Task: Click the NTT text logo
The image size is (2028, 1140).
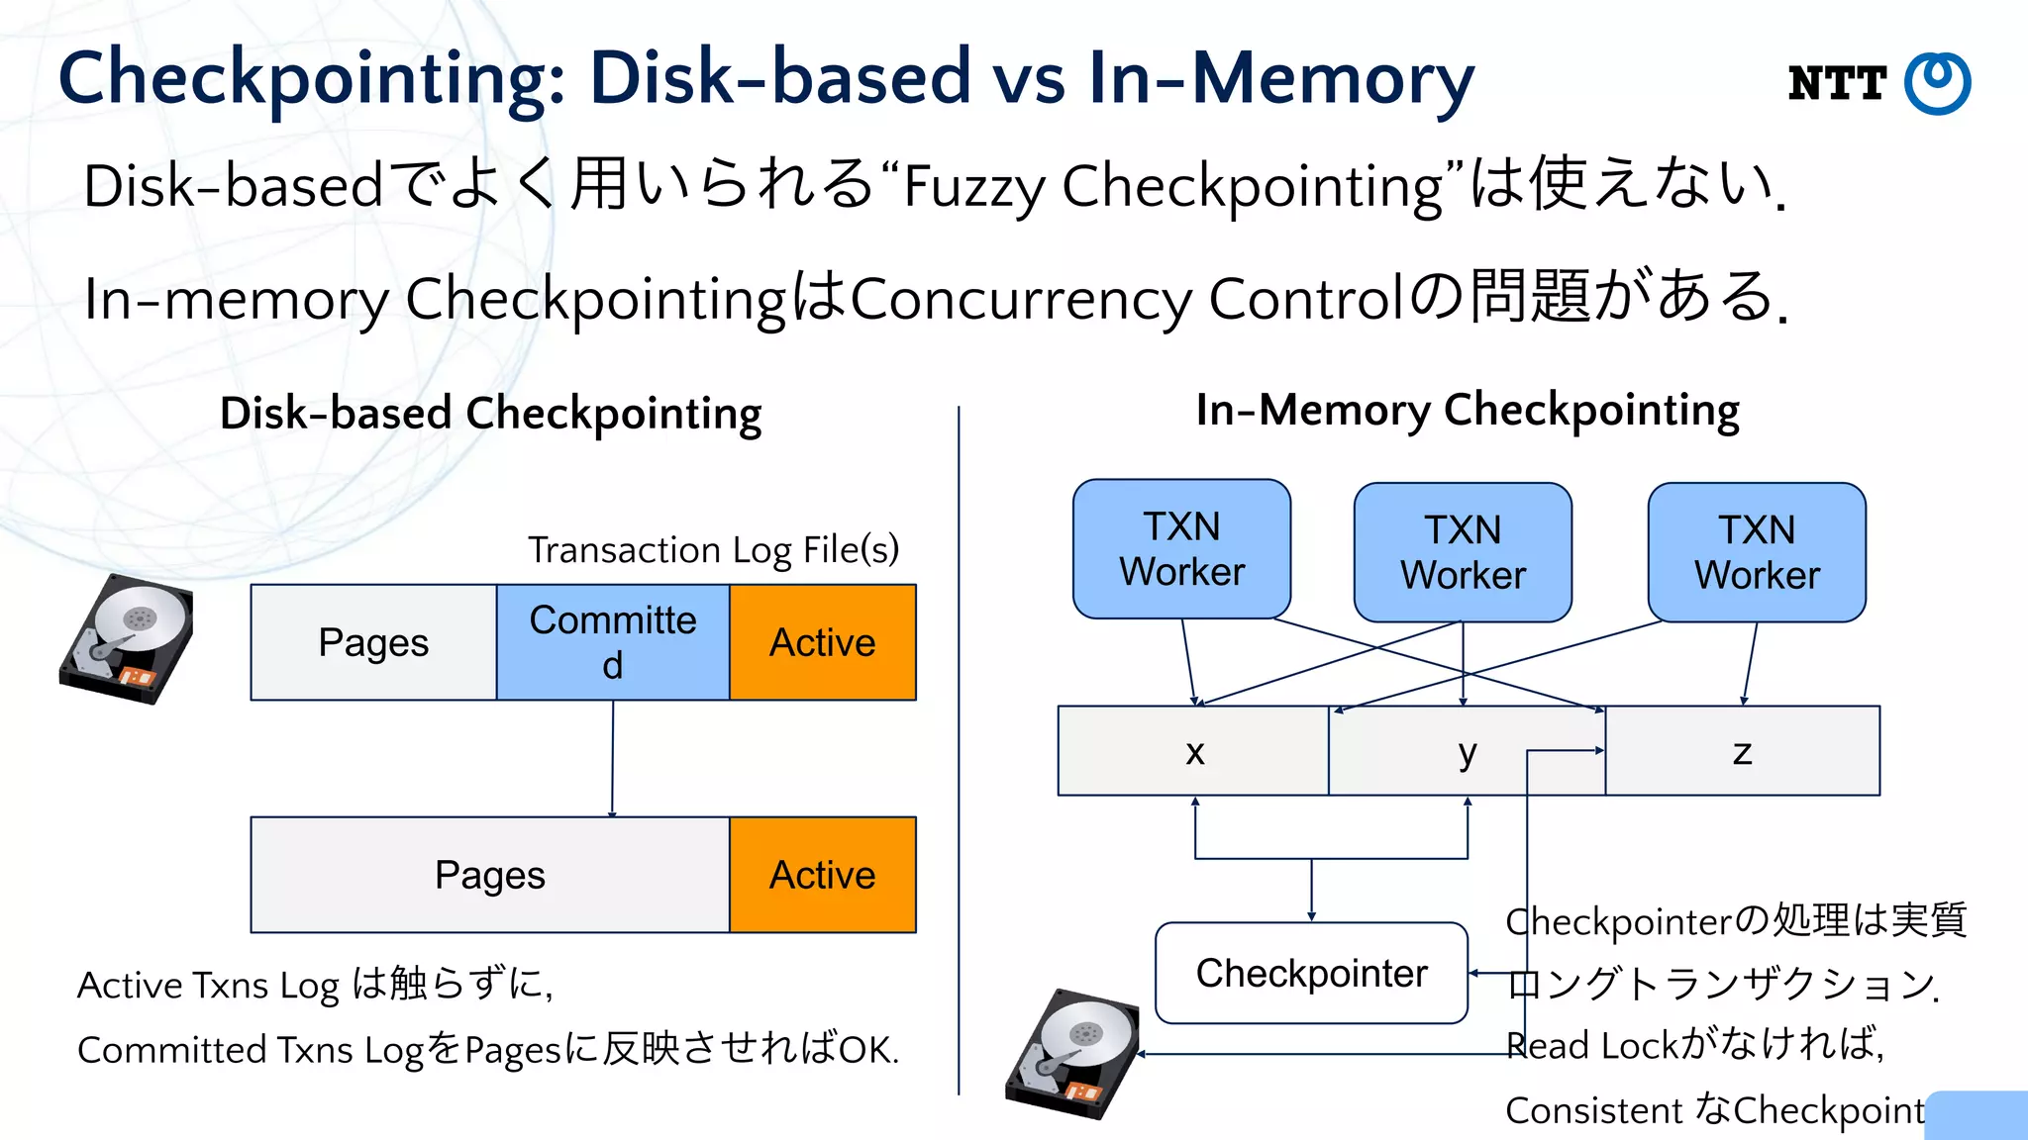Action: click(x=1837, y=83)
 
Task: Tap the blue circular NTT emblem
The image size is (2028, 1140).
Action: click(x=1938, y=83)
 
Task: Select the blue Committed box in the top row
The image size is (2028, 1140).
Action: click(x=613, y=642)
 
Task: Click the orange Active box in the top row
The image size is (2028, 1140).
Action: click(x=823, y=642)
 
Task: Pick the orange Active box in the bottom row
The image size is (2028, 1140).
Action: click(x=823, y=875)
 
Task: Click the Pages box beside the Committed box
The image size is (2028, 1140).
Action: click(x=373, y=642)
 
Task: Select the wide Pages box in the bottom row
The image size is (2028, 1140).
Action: click(x=490, y=875)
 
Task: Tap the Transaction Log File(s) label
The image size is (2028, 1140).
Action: click(x=713, y=549)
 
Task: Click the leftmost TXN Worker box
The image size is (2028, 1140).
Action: click(x=1181, y=549)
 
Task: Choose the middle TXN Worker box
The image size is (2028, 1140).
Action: click(x=1463, y=552)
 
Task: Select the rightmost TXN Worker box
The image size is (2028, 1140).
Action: click(x=1757, y=552)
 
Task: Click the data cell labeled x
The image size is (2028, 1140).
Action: click(x=1194, y=751)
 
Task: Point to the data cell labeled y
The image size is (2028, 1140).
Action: click(x=1467, y=751)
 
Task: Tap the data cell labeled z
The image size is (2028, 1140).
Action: click(x=1743, y=751)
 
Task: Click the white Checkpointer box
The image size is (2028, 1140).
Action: click(x=1311, y=973)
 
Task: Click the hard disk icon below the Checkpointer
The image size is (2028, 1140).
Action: click(x=1072, y=1053)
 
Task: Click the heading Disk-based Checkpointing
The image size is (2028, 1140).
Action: click(x=490, y=414)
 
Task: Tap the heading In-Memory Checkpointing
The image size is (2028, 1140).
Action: click(x=1468, y=410)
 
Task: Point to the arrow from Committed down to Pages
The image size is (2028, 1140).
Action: click(x=612, y=758)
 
